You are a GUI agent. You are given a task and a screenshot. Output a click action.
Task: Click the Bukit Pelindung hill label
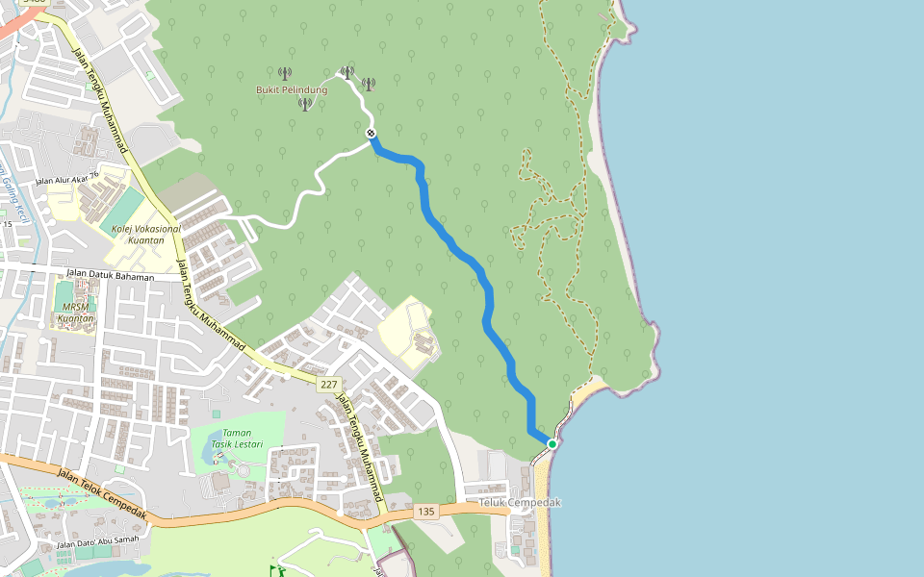[x=291, y=89]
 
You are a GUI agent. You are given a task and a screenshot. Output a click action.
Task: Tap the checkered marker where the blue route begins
[x=371, y=134]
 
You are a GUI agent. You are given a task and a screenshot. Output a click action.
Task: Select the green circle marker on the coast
[x=552, y=443]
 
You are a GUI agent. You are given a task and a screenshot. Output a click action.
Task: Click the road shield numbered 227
[x=329, y=385]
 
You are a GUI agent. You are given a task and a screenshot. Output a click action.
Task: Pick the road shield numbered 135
[x=427, y=513]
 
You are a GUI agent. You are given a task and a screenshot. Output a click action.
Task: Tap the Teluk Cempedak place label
[x=520, y=503]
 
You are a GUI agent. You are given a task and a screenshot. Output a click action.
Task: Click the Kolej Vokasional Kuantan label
[x=145, y=235]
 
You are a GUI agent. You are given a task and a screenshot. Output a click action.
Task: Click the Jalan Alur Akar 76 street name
[x=67, y=178]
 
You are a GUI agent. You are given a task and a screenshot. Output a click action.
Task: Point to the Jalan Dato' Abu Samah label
[x=97, y=544]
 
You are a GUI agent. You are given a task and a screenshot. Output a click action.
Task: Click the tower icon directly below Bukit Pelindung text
[x=305, y=104]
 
